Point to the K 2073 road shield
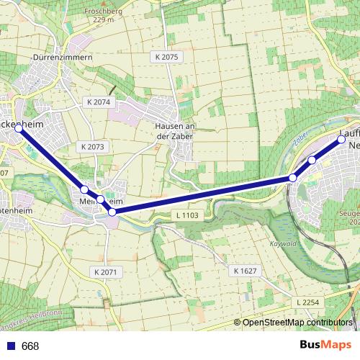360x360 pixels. tap(93, 146)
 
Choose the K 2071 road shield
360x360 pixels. tap(105, 271)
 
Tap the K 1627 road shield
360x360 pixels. tap(245, 271)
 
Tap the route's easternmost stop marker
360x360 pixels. tap(342, 140)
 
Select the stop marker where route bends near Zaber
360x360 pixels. tap(292, 177)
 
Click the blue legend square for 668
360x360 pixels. tap(10, 346)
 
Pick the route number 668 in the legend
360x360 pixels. tap(30, 346)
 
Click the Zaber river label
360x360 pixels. tap(301, 140)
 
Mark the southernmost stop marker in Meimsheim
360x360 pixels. tap(112, 212)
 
